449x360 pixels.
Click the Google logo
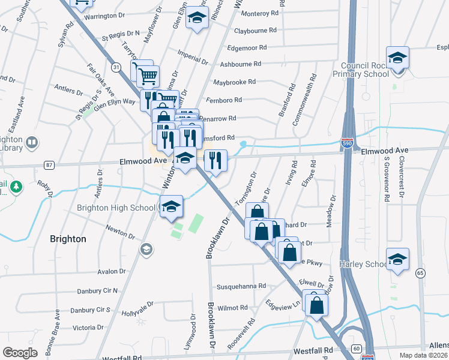point(20,353)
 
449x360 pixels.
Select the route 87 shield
point(49,164)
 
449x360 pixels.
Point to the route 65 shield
point(420,273)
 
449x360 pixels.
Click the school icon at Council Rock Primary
point(397,58)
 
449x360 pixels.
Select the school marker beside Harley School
point(397,259)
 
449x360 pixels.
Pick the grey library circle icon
point(32,143)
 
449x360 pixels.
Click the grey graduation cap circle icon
point(145,248)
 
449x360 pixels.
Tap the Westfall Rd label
point(313,350)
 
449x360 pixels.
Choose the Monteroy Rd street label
point(259,13)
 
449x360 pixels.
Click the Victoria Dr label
point(89,328)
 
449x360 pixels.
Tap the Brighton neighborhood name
point(68,239)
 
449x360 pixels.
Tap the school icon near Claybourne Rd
point(196,19)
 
